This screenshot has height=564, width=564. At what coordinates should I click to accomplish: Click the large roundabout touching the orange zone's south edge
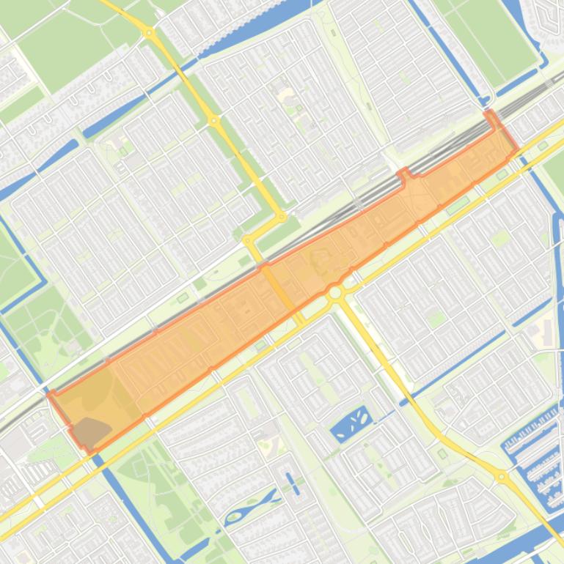pyautogui.click(x=336, y=293)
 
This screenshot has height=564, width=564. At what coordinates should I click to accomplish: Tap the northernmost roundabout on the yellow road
pyautogui.click(x=150, y=33)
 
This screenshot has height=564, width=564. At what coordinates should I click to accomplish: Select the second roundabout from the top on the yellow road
pyautogui.click(x=214, y=120)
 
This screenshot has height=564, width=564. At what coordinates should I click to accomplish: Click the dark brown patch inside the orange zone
pyautogui.click(x=89, y=431)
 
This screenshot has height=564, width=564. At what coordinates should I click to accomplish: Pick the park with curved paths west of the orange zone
pyautogui.click(x=44, y=322)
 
